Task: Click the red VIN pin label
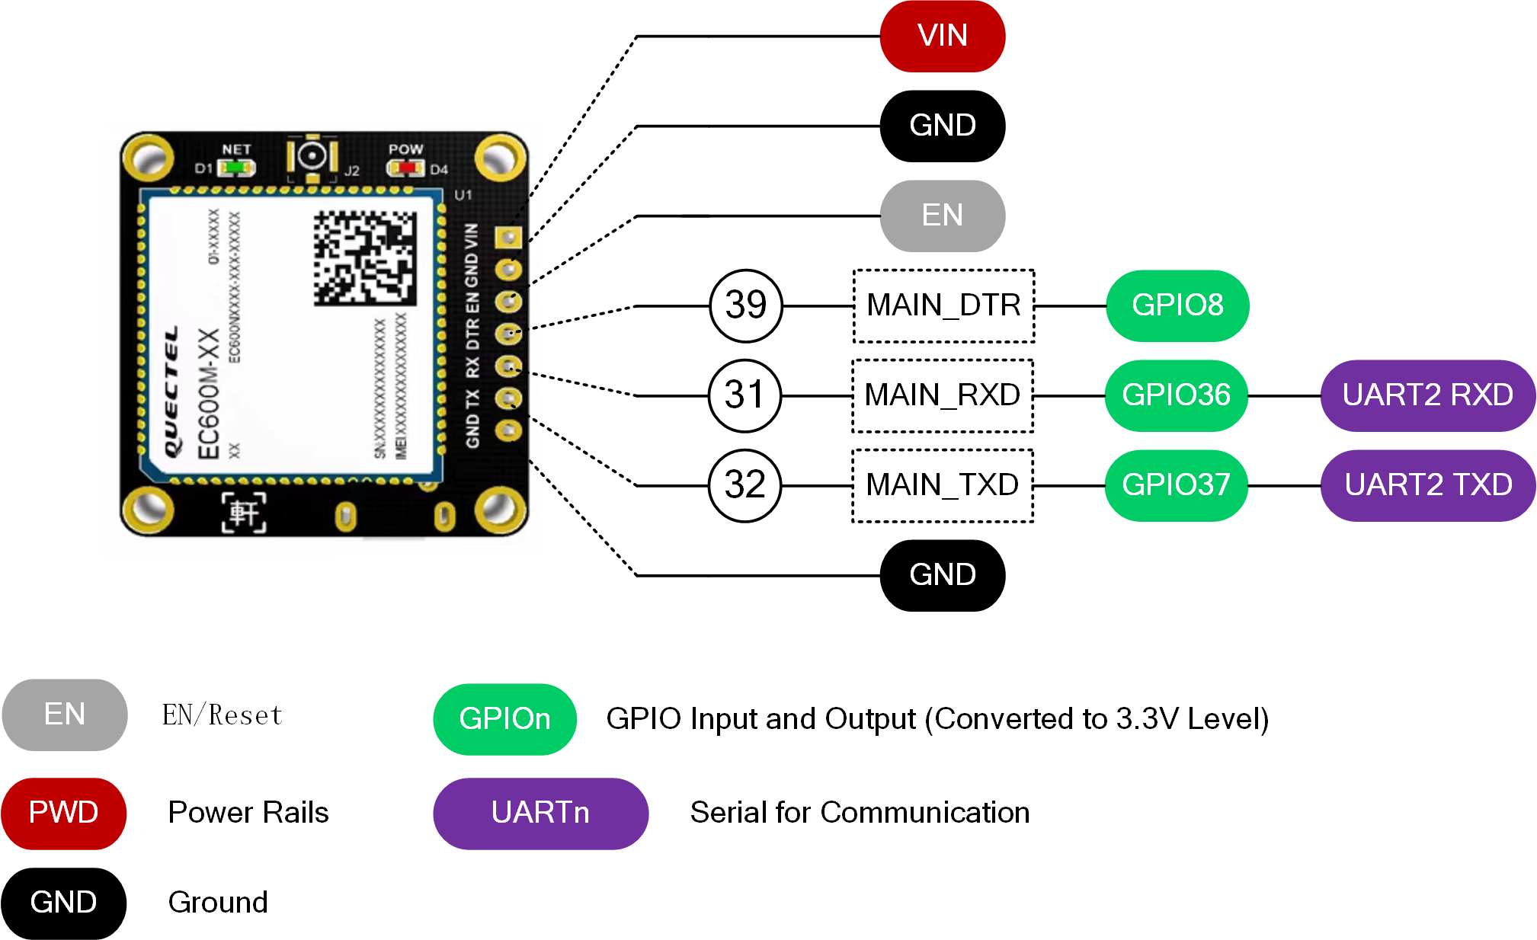pos(942,36)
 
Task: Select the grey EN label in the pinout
pos(942,216)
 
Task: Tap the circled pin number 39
pos(745,305)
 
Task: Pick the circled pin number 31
pos(744,395)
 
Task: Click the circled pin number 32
pos(744,485)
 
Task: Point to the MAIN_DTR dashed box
pos(943,305)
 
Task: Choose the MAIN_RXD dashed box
pos(943,395)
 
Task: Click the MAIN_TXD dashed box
pos(943,485)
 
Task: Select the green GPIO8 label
pos(1177,305)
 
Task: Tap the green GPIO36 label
pos(1176,395)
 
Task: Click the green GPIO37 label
pos(1176,485)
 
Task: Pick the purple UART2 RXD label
pos(1427,395)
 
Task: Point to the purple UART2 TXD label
pos(1427,485)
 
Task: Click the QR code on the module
pos(365,258)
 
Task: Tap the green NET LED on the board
pos(237,167)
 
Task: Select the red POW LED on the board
pos(406,167)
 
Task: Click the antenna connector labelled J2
pos(312,156)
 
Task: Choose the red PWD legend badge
pos(63,813)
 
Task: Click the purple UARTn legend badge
pos(540,813)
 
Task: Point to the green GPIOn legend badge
pos(504,719)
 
